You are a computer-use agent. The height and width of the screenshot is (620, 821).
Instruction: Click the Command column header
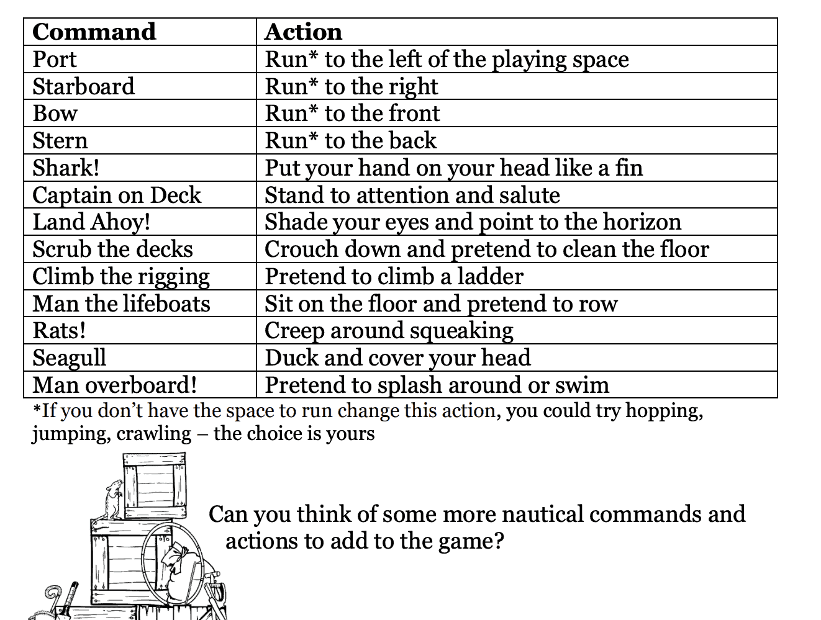[x=94, y=32]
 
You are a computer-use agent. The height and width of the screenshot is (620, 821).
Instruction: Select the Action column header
[x=303, y=32]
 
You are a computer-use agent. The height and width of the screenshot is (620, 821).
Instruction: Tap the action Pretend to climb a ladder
[x=394, y=277]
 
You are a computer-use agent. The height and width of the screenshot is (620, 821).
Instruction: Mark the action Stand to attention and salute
[x=412, y=195]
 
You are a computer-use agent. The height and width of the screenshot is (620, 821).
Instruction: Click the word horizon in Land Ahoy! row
[x=642, y=222]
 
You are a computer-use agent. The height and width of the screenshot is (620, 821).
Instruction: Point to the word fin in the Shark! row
[x=629, y=168]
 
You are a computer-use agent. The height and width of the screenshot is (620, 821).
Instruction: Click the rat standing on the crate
[x=113, y=499]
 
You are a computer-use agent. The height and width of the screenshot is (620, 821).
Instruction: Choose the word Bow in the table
[x=55, y=113]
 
